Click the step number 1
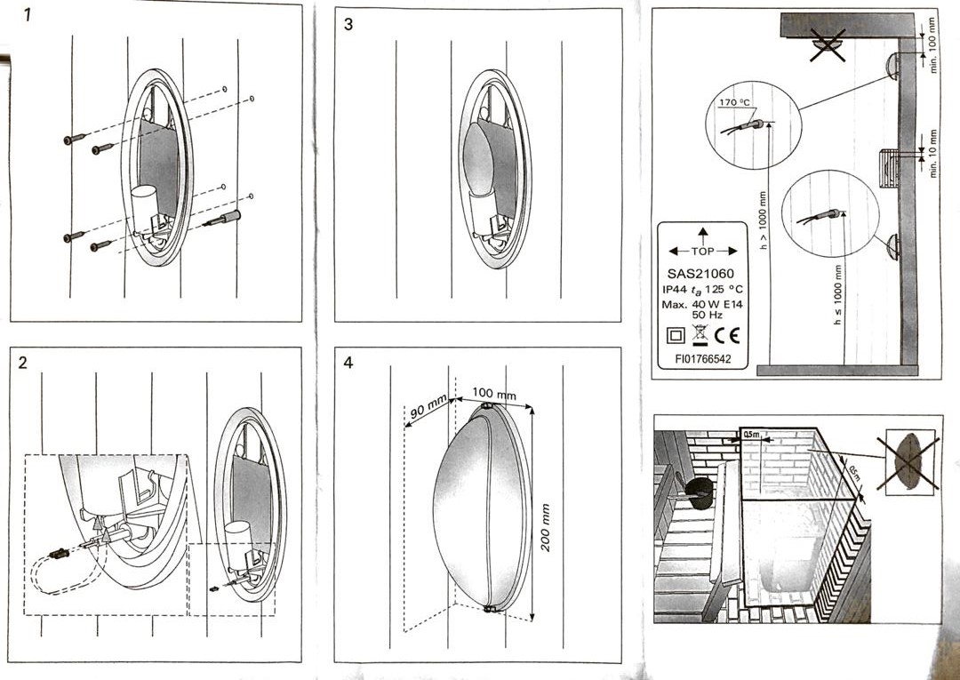(x=29, y=16)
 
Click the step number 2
(x=23, y=362)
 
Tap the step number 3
(x=348, y=24)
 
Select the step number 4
(x=348, y=363)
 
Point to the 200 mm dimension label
(x=546, y=527)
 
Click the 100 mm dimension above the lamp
(x=494, y=393)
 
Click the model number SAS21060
(x=701, y=274)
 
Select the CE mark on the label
(x=728, y=336)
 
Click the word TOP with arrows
(x=702, y=251)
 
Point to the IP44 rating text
(x=677, y=290)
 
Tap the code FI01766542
(x=702, y=360)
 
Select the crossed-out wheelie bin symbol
(x=700, y=336)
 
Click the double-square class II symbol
(x=675, y=337)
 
